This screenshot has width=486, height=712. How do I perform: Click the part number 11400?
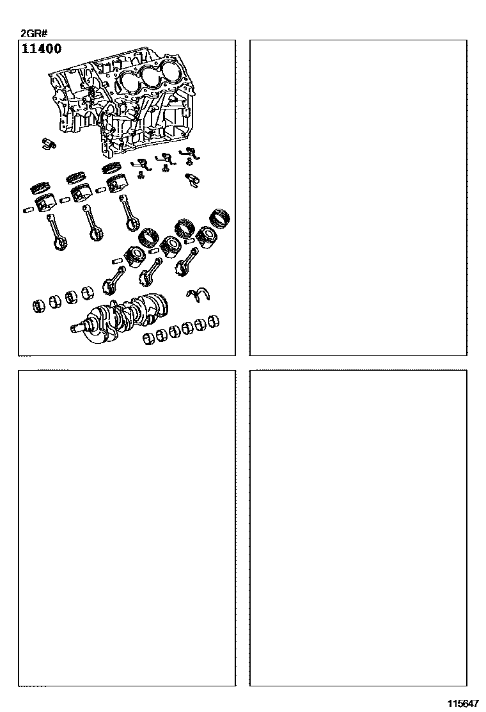coord(42,49)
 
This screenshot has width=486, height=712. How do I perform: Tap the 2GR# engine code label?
coord(35,33)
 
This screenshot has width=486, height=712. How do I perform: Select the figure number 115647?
coord(463,704)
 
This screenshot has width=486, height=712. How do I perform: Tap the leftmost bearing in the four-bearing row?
coord(40,306)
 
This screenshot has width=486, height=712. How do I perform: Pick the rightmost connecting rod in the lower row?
coord(185,261)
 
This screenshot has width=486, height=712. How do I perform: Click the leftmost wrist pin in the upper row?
coord(29,209)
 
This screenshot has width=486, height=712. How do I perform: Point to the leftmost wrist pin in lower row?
coord(117,261)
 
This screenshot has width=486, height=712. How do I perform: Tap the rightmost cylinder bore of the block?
coord(170,70)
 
